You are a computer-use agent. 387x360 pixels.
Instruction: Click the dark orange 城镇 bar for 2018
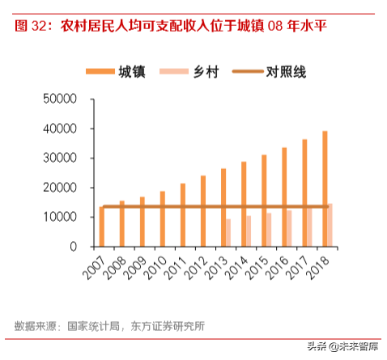325,188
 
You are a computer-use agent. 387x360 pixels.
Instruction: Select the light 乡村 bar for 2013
228,232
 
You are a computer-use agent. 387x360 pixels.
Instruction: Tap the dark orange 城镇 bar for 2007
101,227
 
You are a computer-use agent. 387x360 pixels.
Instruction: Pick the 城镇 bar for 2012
203,211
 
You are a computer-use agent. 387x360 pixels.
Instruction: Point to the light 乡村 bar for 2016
289,228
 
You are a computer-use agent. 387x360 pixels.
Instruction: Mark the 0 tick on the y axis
72,247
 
